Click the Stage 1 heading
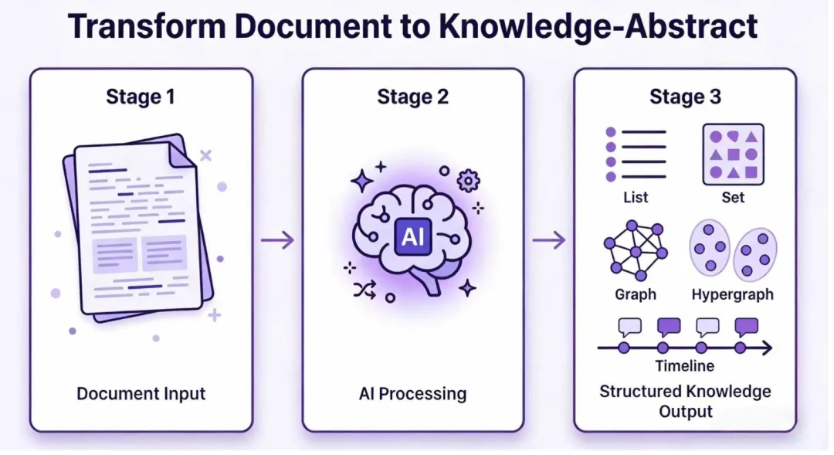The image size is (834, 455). click(141, 97)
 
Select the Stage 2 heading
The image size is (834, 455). click(412, 97)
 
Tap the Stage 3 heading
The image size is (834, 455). click(685, 97)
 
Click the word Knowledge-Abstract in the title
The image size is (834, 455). click(598, 27)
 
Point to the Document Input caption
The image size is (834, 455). click(141, 393)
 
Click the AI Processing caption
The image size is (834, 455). click(412, 393)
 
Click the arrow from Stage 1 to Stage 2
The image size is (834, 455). click(277, 240)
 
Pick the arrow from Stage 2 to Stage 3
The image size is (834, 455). click(549, 240)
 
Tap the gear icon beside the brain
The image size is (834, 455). click(468, 181)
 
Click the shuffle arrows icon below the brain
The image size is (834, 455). click(364, 290)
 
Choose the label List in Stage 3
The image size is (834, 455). click(636, 197)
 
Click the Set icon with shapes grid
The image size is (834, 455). click(733, 154)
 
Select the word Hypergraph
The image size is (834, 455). click(732, 294)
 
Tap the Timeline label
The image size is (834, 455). click(684, 366)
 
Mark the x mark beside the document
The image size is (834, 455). click(205, 155)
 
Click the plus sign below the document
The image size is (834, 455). click(215, 315)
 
